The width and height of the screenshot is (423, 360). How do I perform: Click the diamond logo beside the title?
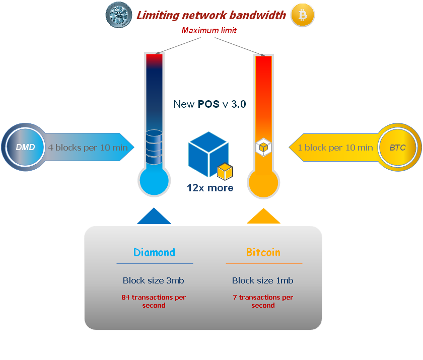click(x=119, y=15)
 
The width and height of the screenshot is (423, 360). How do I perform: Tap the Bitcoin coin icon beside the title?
click(x=303, y=15)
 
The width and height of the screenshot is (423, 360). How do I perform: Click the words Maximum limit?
click(x=209, y=31)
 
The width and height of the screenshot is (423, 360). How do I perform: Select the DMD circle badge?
click(x=25, y=147)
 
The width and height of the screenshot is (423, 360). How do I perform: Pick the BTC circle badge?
click(x=398, y=147)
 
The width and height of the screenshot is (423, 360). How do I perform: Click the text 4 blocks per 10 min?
click(x=88, y=148)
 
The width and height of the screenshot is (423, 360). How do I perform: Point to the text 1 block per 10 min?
click(x=335, y=148)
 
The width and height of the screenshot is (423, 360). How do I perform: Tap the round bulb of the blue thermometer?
click(x=154, y=181)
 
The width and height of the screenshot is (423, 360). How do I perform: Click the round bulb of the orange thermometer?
click(x=263, y=183)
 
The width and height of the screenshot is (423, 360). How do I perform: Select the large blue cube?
click(x=208, y=154)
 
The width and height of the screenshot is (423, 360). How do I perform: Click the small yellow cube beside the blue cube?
click(x=225, y=172)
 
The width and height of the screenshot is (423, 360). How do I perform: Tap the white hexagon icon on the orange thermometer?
click(x=263, y=147)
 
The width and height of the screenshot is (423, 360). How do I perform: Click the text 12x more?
click(x=210, y=188)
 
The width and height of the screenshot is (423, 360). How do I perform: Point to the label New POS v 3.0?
click(x=209, y=104)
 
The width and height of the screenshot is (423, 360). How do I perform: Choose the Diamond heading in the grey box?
click(x=154, y=252)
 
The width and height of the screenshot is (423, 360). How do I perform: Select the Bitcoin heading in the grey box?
click(x=263, y=252)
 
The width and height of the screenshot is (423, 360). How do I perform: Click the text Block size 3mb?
click(x=154, y=280)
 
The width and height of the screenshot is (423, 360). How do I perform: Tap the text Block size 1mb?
click(x=263, y=280)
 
